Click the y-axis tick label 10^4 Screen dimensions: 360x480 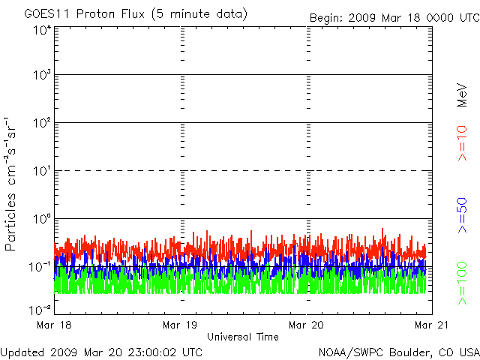(40, 29)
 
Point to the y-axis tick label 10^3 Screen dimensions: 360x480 (40, 75)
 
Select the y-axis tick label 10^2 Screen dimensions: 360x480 (40, 123)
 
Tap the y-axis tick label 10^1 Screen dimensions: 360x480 (40, 171)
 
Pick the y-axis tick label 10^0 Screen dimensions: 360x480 (40, 219)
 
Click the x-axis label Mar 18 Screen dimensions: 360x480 (54, 325)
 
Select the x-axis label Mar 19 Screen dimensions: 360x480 (181, 325)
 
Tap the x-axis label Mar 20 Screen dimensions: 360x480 (307, 325)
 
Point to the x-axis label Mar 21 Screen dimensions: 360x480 (432, 325)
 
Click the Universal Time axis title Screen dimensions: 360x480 (242, 337)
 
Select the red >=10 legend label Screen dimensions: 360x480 (463, 143)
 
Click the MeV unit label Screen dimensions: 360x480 (463, 95)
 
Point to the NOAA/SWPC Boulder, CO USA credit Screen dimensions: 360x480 (398, 352)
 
